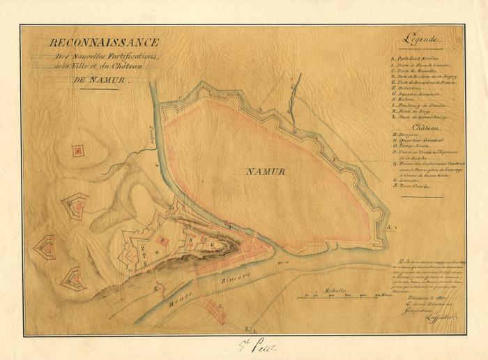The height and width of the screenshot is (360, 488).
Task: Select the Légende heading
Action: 423,41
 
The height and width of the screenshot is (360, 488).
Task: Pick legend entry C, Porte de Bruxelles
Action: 416,71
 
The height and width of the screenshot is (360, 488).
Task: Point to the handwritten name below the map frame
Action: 245,344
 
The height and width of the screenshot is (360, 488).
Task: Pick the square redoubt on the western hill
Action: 78,150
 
